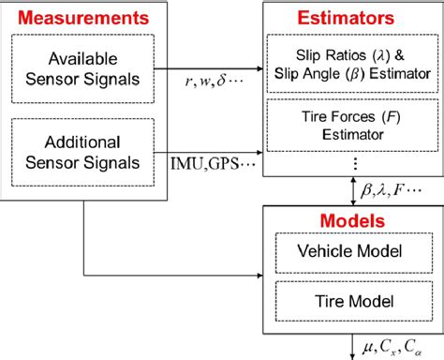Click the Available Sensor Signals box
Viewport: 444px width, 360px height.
pos(83,66)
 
